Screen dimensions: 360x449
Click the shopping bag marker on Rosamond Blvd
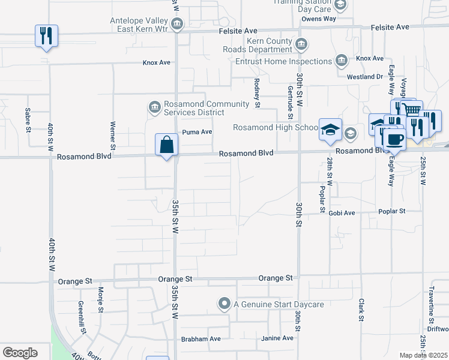click(167, 145)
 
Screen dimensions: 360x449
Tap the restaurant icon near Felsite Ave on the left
click(46, 36)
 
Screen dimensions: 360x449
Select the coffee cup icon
click(394, 139)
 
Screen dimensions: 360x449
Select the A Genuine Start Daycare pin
click(224, 304)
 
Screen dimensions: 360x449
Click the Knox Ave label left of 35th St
click(157, 62)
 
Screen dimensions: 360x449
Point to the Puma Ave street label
click(197, 132)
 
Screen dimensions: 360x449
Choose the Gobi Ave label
click(342, 212)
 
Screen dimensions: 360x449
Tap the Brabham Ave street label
click(201, 339)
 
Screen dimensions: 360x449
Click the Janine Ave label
click(277, 338)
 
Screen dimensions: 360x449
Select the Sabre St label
click(28, 119)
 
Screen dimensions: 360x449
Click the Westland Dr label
click(365, 77)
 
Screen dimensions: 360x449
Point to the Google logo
click(20, 353)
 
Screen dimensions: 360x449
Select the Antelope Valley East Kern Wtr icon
click(177, 24)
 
